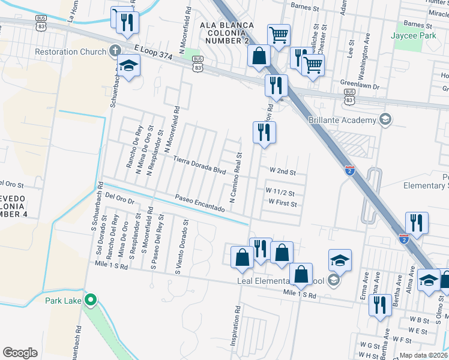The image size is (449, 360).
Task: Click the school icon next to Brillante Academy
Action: pyautogui.click(x=385, y=120)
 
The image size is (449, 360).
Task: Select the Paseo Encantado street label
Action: pyautogui.click(x=199, y=203)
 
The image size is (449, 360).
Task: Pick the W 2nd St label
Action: pyautogui.click(x=283, y=171)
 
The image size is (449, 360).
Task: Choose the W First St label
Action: pyautogui.click(x=282, y=204)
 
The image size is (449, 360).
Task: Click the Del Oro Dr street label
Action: pyautogui.click(x=118, y=196)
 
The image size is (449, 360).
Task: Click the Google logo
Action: pyautogui.click(x=20, y=353)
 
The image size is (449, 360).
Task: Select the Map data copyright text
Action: pyautogui.click(x=424, y=355)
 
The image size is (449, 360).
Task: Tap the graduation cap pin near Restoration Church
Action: pyautogui.click(x=128, y=65)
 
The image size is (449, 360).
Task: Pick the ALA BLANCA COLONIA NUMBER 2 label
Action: pyautogui.click(x=229, y=32)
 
